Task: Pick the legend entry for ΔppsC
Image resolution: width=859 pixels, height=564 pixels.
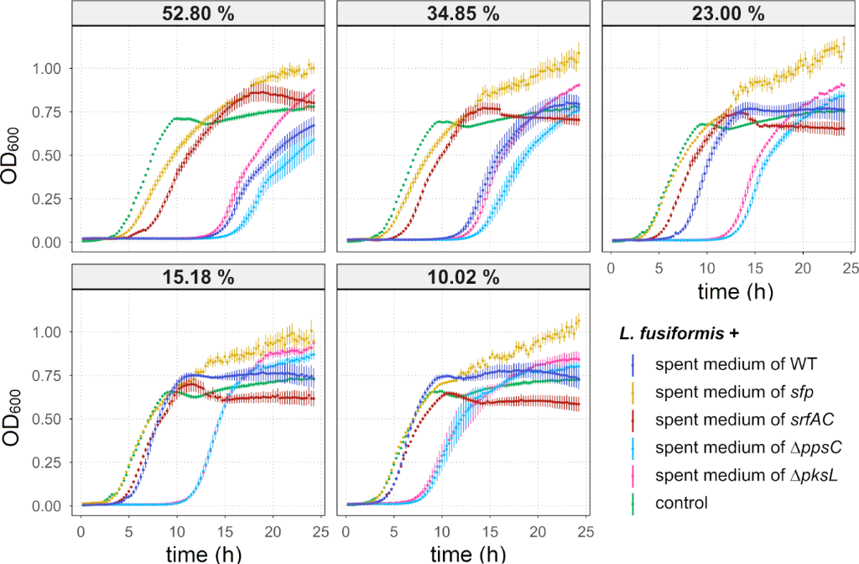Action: (726, 447)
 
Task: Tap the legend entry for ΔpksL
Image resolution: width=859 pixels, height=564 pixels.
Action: (725, 475)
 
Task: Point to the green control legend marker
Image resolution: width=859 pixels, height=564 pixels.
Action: (633, 503)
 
